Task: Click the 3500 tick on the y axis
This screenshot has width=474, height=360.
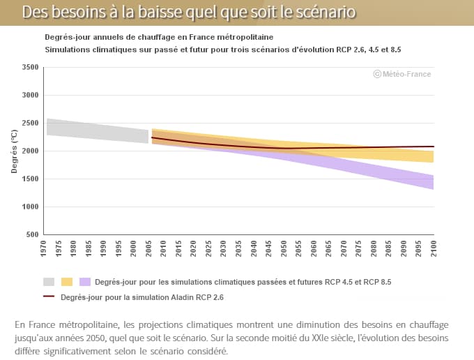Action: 29,67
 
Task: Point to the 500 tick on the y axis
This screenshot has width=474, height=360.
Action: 32,234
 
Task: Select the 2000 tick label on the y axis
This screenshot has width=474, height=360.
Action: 29,151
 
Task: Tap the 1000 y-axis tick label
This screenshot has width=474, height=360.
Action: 29,207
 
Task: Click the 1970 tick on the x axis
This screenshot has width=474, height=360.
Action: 43,248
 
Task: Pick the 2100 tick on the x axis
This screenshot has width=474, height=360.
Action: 434,248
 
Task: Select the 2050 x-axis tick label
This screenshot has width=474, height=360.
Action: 284,248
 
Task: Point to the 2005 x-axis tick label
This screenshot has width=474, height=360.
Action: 148,248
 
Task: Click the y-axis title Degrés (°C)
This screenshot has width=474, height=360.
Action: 13,151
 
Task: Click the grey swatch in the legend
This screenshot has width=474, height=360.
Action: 49,282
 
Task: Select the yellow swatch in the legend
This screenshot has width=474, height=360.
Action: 67,282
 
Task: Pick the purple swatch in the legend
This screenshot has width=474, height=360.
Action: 85,282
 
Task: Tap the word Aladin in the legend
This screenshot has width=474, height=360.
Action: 178,297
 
